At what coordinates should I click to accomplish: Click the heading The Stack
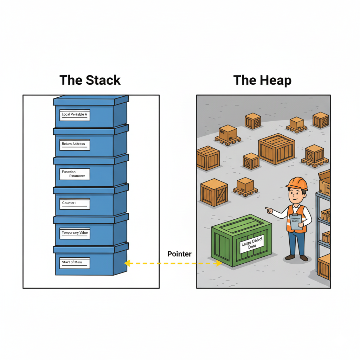[x=90, y=80]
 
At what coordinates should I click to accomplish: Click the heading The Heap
[x=263, y=81]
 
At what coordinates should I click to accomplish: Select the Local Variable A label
[x=75, y=115]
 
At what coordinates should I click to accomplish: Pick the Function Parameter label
[x=75, y=174]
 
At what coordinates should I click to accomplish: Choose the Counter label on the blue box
[x=75, y=204]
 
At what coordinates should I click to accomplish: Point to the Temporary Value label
[x=75, y=233]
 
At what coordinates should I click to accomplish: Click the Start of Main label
[x=75, y=263]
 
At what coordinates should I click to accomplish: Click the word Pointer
[x=179, y=254]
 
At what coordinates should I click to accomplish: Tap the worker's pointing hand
[x=269, y=210]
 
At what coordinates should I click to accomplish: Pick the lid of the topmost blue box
[x=91, y=100]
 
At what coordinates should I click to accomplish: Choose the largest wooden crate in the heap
[x=276, y=149]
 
